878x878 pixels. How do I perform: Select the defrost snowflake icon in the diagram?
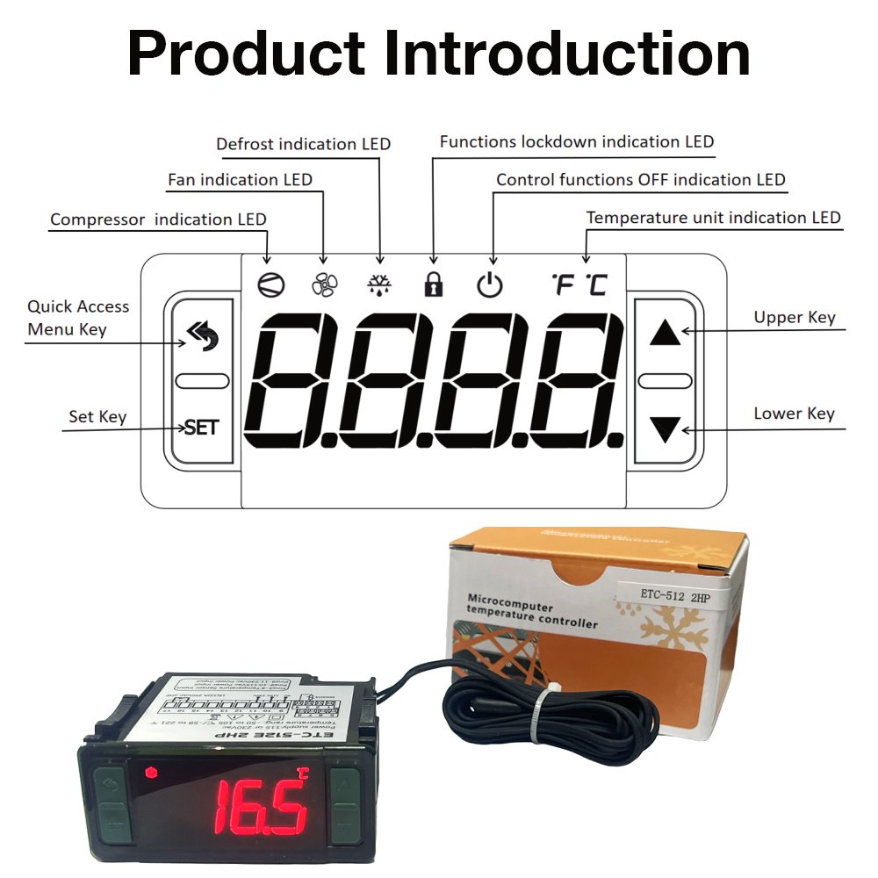[379, 283]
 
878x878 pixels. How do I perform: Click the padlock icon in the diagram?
[433, 283]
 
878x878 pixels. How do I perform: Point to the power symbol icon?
[490, 284]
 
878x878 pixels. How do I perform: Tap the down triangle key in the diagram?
[666, 429]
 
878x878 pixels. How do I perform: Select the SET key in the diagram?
[202, 428]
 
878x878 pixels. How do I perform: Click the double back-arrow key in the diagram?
[201, 335]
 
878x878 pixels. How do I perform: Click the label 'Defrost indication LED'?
[303, 144]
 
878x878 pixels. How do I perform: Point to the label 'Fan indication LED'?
[240, 180]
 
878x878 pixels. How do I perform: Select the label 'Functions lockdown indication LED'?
[577, 141]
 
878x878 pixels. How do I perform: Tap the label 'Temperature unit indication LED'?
[713, 218]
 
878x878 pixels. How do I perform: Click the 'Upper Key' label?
[795, 318]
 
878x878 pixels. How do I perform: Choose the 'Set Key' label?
[97, 417]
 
